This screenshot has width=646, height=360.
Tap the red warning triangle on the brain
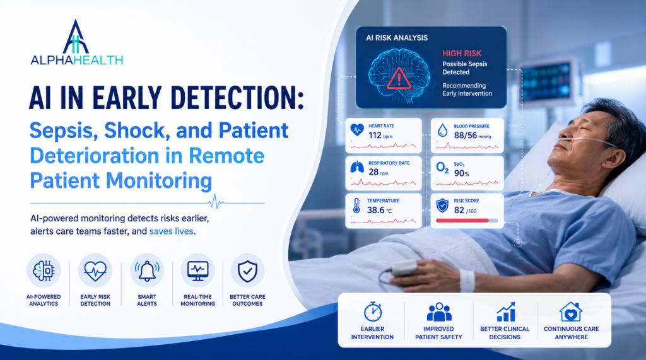(x=399, y=79)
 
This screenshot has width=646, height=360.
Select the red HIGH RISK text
(x=462, y=54)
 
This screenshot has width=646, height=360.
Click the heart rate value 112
(x=375, y=135)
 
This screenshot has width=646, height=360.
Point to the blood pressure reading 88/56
(x=466, y=135)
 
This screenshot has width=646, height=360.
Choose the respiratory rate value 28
(x=373, y=171)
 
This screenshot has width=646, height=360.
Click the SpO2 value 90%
(x=461, y=173)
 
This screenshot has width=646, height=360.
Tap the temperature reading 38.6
(x=375, y=210)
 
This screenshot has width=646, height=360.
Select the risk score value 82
(x=459, y=211)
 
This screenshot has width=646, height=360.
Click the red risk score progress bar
(x=462, y=221)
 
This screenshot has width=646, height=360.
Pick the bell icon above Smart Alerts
(x=147, y=271)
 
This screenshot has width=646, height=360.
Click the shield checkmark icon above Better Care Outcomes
(x=247, y=270)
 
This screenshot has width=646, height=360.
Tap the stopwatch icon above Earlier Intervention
(x=373, y=311)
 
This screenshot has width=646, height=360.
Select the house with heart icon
(x=570, y=311)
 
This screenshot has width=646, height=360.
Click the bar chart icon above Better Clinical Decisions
(x=506, y=311)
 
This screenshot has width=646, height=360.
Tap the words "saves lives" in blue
(x=171, y=231)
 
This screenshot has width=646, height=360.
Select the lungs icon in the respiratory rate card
(x=357, y=167)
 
